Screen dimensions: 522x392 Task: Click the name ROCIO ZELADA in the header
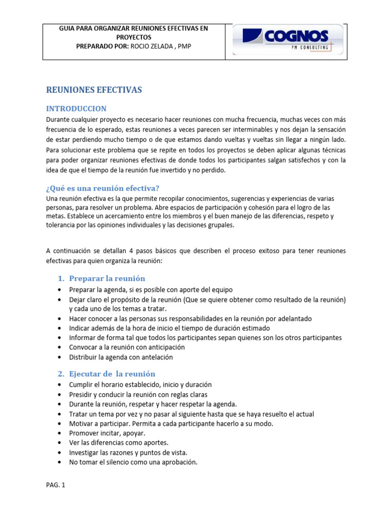pyautogui.click(x=159, y=46)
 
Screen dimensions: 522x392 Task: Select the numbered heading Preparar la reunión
pyautogui.click(x=107, y=278)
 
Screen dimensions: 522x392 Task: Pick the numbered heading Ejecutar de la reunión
pyautogui.click(x=112, y=374)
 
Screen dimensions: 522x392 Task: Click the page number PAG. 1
pyautogui.click(x=56, y=485)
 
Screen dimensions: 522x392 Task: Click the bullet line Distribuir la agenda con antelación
pyautogui.click(x=121, y=357)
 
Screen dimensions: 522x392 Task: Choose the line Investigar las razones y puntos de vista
pyautogui.click(x=128, y=452)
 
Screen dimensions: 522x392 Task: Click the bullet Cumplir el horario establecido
pyautogui.click(x=140, y=384)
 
